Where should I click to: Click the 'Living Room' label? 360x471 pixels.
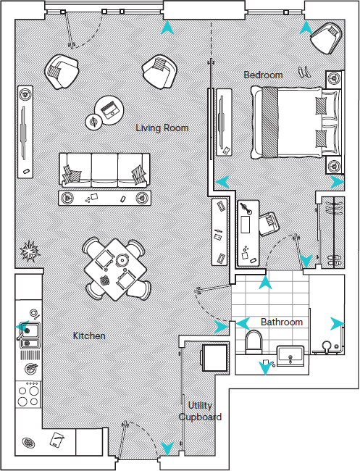point(162,128)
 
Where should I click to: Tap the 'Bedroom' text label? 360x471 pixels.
point(263,75)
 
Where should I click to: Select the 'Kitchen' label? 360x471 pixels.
point(89,336)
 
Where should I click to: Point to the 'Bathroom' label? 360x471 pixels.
point(282,322)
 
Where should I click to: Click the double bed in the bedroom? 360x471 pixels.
point(288,121)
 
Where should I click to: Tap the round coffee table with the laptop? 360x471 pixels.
point(110,109)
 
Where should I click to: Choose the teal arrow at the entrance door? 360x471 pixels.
point(167,449)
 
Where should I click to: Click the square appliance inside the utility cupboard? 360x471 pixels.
point(214,358)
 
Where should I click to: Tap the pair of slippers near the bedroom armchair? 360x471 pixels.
point(305,70)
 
